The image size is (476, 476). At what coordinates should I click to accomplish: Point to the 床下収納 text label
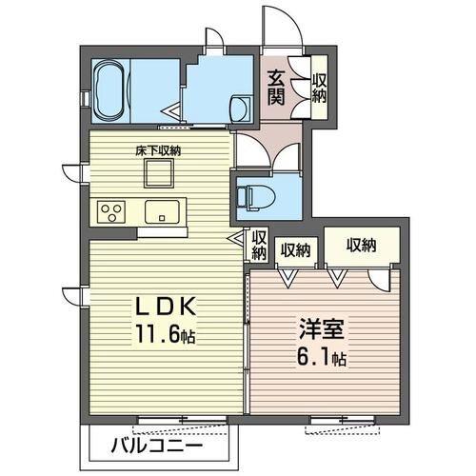coord(158,150)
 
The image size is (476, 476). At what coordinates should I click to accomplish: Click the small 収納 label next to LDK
coord(258,245)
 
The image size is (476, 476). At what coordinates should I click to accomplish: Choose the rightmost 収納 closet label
coord(361,245)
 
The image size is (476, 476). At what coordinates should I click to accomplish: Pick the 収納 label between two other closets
coord(295,249)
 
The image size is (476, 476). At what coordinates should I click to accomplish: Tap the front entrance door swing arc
coord(284,26)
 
